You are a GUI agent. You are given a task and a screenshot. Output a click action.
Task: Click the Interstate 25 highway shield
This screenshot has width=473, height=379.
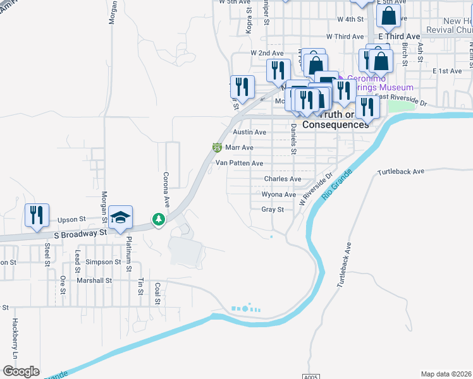217,148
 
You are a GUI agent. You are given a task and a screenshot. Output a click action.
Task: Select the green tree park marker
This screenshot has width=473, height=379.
158,220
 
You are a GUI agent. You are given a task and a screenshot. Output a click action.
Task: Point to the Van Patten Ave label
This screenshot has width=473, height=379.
239,163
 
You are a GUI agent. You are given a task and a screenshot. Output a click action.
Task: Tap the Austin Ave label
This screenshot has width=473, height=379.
249,133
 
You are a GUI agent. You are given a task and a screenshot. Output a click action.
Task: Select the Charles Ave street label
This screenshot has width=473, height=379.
282,179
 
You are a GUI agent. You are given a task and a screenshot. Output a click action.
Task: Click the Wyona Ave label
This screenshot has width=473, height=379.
279,195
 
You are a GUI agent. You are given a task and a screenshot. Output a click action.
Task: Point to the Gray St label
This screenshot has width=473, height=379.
272,210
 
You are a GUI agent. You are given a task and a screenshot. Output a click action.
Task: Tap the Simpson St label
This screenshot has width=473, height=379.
104,262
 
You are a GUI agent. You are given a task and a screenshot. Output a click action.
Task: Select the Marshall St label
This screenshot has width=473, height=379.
94,280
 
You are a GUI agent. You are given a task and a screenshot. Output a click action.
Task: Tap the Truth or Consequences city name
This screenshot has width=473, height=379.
335,119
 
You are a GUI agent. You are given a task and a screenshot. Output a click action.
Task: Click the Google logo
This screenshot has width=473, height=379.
21,371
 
